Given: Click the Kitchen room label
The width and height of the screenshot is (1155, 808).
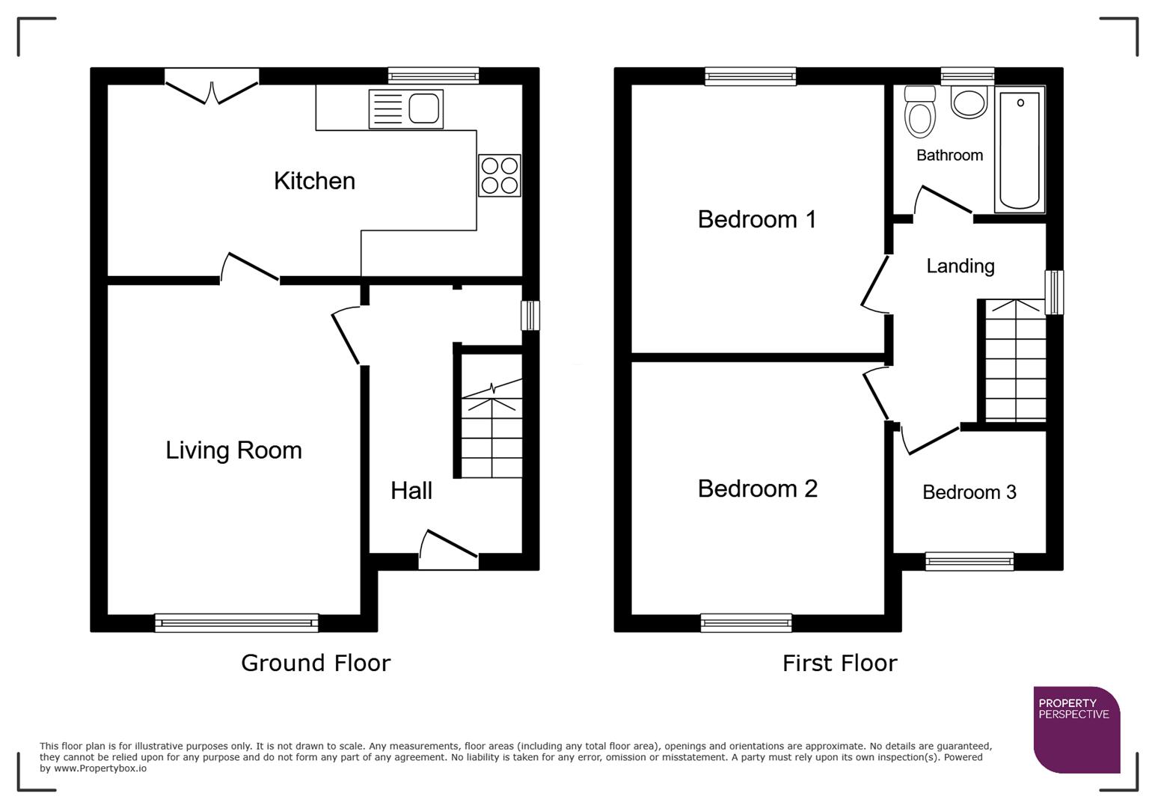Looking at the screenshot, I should (x=314, y=181).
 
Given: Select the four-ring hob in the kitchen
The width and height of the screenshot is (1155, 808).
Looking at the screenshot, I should (x=499, y=175).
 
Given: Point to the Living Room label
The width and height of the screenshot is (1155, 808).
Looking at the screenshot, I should (x=233, y=450).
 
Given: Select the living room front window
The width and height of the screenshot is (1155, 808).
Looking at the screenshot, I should (x=236, y=622).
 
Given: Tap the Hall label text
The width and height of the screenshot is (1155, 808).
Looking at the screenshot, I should (x=411, y=491).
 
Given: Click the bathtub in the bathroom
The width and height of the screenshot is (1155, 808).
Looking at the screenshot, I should (x=1019, y=150).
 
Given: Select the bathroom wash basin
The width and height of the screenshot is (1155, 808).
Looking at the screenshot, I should (x=969, y=102).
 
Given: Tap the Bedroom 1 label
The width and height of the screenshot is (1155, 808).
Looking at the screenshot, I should (x=756, y=219).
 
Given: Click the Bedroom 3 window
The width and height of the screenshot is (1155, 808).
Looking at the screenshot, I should (x=969, y=561).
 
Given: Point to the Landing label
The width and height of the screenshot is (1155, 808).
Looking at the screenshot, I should (x=960, y=266).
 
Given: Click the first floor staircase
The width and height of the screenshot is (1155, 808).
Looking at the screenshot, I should (x=1015, y=361).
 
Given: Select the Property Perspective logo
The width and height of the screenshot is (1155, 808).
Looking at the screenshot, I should (x=1076, y=729).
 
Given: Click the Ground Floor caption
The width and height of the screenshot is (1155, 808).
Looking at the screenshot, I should (x=316, y=663).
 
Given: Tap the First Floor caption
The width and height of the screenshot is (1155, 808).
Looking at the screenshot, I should (x=839, y=663).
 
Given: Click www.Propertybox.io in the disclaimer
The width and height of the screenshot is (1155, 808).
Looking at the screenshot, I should (x=99, y=768).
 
